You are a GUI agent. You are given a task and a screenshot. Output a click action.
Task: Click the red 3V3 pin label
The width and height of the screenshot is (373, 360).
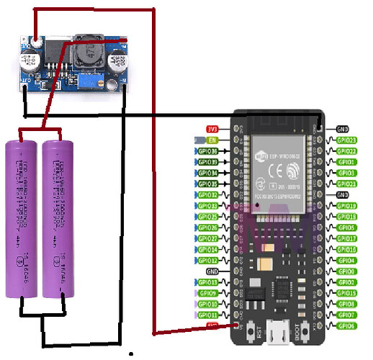[212, 129]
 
